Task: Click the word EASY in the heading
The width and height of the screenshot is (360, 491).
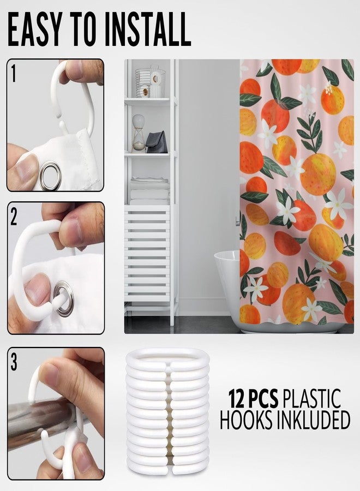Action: (34, 30)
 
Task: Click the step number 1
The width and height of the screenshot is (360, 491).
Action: (13, 74)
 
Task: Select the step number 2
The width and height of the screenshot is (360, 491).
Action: (14, 217)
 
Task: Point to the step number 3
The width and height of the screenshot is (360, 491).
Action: (14, 362)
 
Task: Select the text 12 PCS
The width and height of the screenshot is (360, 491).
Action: (253, 398)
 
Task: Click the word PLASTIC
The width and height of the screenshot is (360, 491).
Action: (311, 398)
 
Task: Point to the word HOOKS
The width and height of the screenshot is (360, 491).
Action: (246, 420)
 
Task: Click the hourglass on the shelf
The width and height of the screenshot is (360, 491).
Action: (139, 133)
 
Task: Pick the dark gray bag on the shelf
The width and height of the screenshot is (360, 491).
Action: (157, 142)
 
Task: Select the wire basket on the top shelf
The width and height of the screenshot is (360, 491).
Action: (150, 82)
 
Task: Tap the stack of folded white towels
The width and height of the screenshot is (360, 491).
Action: (149, 191)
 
